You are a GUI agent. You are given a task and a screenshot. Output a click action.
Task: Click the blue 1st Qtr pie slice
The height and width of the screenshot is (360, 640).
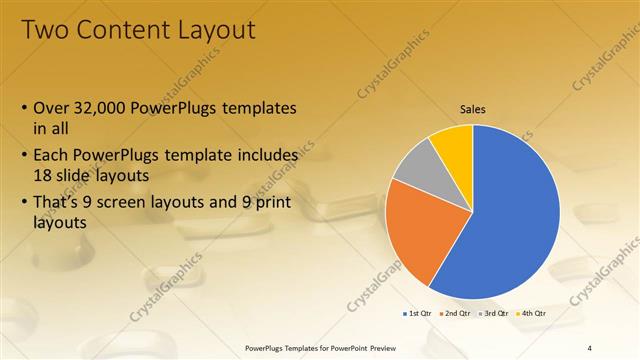pyautogui.click(x=510, y=220)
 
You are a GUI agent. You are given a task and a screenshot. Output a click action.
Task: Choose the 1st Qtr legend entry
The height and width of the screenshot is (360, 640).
pyautogui.click(x=419, y=314)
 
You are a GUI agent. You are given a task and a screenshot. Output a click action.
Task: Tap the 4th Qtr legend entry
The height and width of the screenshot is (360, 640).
pyautogui.click(x=532, y=314)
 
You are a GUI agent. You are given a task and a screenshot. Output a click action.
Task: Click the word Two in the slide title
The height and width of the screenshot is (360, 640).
pyautogui.click(x=44, y=30)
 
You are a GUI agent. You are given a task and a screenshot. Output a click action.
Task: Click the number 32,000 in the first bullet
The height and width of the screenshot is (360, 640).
pyautogui.click(x=105, y=108)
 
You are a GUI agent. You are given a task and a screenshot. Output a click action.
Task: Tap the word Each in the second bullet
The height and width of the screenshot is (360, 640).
pyautogui.click(x=52, y=156)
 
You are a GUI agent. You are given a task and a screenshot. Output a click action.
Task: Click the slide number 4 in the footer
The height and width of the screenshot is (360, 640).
pyautogui.click(x=590, y=347)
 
